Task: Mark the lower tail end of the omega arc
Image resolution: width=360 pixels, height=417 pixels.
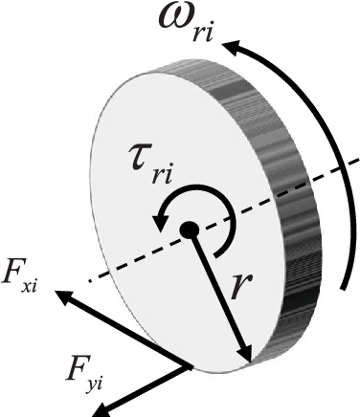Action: (x=346, y=283)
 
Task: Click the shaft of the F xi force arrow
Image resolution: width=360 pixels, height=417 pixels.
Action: (x=124, y=331)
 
